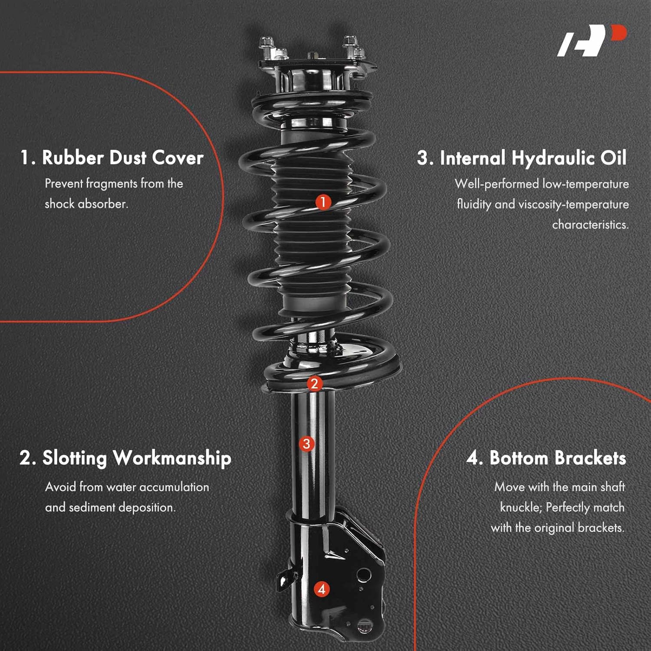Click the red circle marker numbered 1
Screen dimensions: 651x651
pos(323,202)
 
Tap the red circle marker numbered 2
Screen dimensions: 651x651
pos(315,384)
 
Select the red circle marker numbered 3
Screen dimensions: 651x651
pos(307,444)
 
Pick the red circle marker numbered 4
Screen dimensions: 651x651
pos(322,589)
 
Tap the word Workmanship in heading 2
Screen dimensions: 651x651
pos(172,459)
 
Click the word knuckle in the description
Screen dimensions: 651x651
pos(520,507)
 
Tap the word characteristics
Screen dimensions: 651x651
pos(590,225)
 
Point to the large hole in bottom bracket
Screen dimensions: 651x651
pos(363,575)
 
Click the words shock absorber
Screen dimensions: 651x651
pos(86,204)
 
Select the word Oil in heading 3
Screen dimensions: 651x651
pos(613,158)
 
